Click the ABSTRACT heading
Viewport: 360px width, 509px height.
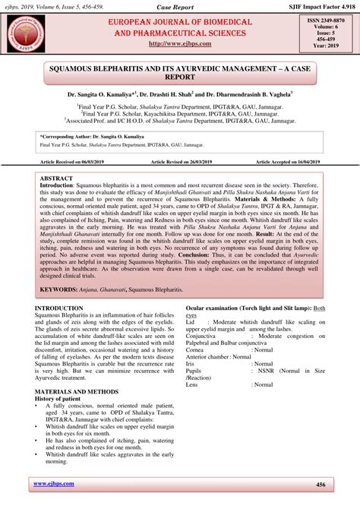(x=56, y=178)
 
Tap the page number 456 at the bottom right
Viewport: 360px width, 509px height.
(x=321, y=484)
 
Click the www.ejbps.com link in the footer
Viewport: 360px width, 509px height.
(x=55, y=484)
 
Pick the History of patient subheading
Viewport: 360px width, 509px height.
(x=66, y=398)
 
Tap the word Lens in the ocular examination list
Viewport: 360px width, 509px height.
(x=193, y=385)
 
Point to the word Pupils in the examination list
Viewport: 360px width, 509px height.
(x=195, y=371)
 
